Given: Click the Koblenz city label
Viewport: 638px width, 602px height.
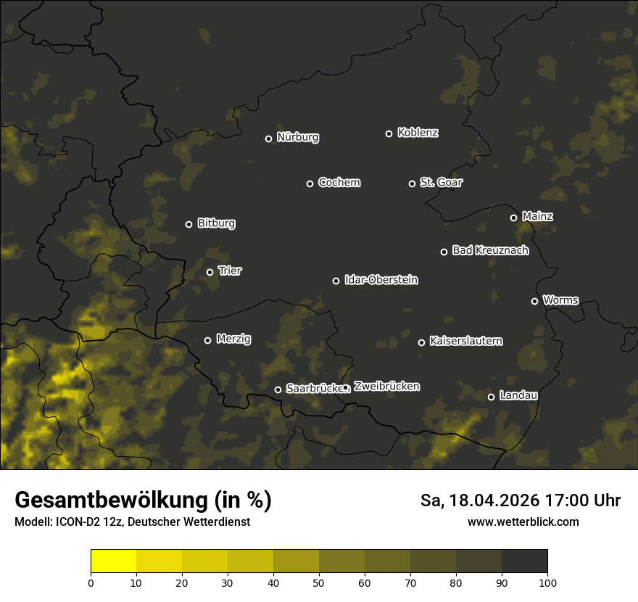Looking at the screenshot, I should click(418, 133).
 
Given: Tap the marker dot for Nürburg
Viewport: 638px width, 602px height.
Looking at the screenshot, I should click(268, 139).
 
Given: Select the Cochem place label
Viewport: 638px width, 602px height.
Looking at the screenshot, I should click(339, 183).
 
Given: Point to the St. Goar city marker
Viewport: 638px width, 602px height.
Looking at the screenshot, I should click(412, 184).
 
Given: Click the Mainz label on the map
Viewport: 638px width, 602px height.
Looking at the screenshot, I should click(537, 217).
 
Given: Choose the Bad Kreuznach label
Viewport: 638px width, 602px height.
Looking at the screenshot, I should click(490, 251).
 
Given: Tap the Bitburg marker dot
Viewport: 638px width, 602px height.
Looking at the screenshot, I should click(188, 224).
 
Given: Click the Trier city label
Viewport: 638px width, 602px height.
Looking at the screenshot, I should click(229, 271).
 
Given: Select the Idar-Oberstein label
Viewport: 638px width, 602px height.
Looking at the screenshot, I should click(381, 280).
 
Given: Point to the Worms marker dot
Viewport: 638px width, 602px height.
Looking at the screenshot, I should click(534, 301).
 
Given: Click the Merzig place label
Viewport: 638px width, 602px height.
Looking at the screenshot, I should click(233, 339).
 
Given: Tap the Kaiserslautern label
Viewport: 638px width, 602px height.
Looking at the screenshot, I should click(465, 341).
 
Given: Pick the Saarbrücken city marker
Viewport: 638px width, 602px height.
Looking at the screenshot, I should click(278, 389).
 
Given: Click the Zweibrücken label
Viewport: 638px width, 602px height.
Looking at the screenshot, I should click(386, 387).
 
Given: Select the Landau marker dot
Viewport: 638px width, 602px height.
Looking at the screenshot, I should click(491, 397).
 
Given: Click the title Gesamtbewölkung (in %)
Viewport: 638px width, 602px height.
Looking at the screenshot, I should click(143, 500).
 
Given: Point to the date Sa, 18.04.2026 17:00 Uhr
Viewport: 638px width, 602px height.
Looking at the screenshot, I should click(520, 500).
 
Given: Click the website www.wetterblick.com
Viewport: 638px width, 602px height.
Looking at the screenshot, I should click(523, 521).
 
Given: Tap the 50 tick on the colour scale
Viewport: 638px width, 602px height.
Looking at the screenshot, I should click(319, 582).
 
